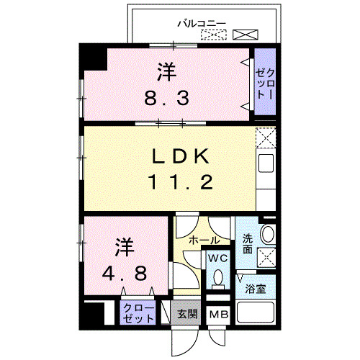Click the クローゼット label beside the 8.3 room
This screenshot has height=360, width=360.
(x=264, y=81)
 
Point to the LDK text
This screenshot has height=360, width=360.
(x=180, y=156)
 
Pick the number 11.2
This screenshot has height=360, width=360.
(x=180, y=182)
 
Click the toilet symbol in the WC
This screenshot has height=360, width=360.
(x=217, y=277)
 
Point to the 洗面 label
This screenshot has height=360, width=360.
(x=247, y=243)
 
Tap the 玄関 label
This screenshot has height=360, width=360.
(x=188, y=314)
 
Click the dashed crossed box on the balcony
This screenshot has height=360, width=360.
(x=214, y=34)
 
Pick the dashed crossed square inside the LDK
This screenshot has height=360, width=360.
(x=265, y=138)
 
